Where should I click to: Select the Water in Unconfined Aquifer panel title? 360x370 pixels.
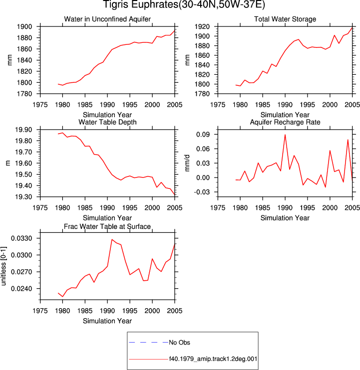click(x=107, y=19)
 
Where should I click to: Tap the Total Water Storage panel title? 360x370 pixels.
click(x=285, y=19)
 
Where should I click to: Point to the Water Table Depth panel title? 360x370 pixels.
click(x=107, y=122)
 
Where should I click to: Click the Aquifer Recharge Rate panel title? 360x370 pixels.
click(x=285, y=122)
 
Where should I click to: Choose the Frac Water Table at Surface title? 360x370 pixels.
click(x=107, y=226)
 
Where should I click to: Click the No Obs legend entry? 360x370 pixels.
click(x=179, y=343)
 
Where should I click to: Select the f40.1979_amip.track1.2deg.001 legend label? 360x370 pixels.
click(x=213, y=359)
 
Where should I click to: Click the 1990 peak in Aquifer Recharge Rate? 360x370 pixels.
click(x=285, y=135)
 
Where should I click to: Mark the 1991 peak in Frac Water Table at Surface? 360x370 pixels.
click(x=112, y=239)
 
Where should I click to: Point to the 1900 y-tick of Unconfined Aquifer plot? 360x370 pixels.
click(x=24, y=26)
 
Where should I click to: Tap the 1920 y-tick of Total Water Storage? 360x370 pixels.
click(x=202, y=26)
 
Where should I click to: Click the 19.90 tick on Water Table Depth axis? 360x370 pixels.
click(x=23, y=130)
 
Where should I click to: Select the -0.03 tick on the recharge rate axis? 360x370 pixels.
click(x=202, y=192)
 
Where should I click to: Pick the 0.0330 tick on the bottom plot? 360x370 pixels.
click(x=21, y=238)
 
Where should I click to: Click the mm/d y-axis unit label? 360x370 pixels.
click(x=187, y=163)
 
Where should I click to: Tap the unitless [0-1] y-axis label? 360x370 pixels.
click(x=3, y=266)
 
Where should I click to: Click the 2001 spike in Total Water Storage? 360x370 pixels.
click(x=334, y=35)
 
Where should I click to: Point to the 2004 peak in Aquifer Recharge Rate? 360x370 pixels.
click(x=348, y=140)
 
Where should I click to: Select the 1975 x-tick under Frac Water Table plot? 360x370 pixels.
click(x=40, y=311)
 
